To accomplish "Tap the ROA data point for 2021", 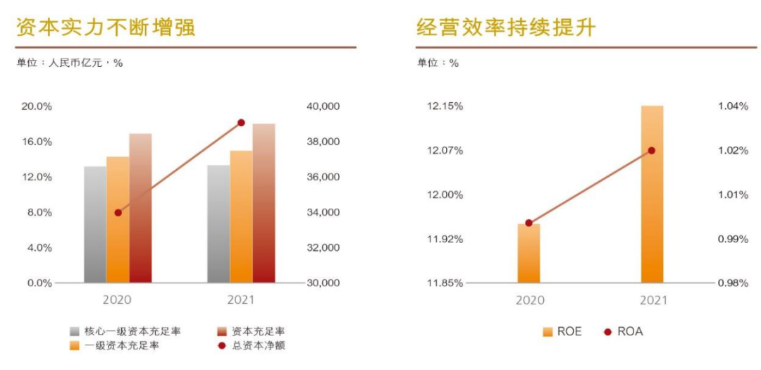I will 652,150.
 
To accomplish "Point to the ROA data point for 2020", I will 529,223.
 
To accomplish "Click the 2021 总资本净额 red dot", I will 241,123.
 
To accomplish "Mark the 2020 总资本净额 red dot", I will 118,212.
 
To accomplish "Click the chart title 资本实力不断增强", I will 106,27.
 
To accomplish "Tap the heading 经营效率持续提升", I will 506,27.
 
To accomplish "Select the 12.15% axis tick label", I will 445,106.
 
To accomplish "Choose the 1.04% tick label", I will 734,106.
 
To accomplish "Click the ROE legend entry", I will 562,331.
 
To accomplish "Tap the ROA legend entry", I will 623,331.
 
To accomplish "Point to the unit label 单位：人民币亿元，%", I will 70,63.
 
